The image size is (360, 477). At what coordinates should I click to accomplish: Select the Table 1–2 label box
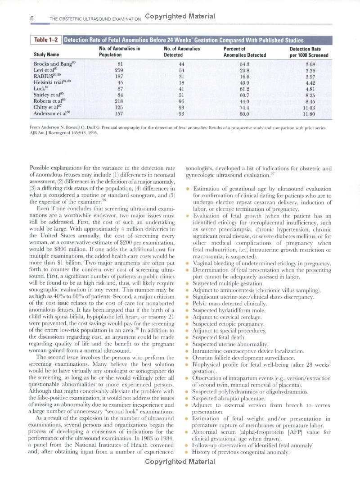coord(46,40)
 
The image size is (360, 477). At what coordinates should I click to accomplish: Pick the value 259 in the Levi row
coord(119,70)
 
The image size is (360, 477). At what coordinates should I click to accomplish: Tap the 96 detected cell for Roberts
coord(182,102)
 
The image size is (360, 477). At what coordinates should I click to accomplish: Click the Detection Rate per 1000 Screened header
coord(309,52)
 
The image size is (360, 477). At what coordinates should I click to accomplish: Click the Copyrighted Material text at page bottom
coord(180,462)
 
